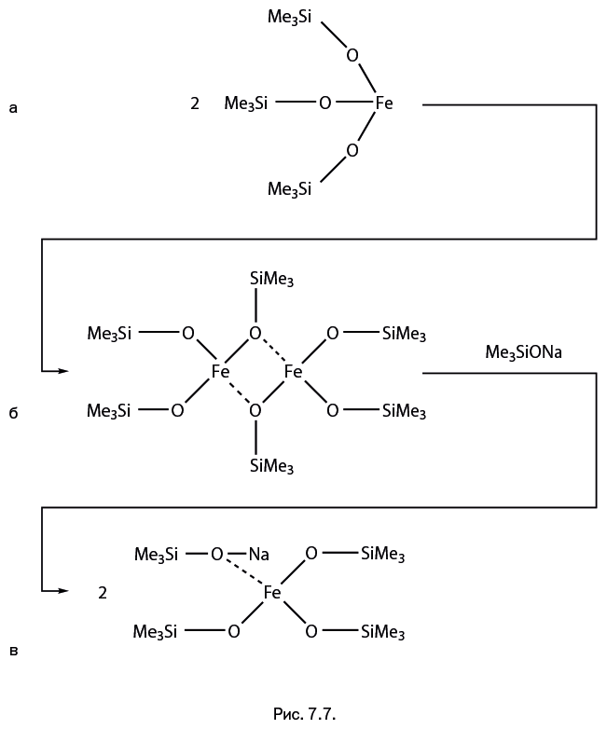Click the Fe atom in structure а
pos(383,103)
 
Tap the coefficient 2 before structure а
pos(195,103)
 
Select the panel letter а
pos(12,108)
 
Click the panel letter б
pos(12,411)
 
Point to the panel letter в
pos(12,650)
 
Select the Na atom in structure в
pos(258,555)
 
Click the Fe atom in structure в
pos(272,592)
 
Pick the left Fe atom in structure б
pos(220,371)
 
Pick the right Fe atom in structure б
pos(293,371)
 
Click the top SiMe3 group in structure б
pos(272,279)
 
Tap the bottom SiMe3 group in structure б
pos(272,466)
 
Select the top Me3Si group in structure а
pos(289,17)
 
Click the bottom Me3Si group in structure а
pos(289,189)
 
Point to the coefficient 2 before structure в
pos(103,591)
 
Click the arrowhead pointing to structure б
pos(63,371)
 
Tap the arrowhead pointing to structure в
pos(63,591)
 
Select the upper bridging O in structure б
pos(255,333)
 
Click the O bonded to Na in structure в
pos(216,555)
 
